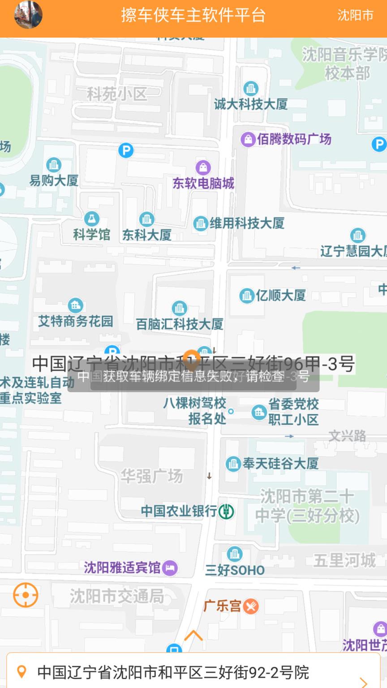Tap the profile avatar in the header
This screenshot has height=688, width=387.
pyautogui.click(x=28, y=15)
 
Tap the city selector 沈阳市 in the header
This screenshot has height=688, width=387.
pyautogui.click(x=355, y=15)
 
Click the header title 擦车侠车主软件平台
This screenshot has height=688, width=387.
pyautogui.click(x=193, y=15)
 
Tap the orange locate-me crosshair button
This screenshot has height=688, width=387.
pyautogui.click(x=26, y=595)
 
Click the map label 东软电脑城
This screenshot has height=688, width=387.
pyautogui.click(x=203, y=183)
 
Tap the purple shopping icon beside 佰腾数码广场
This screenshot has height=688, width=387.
pyautogui.click(x=248, y=139)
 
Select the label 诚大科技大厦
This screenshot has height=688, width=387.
pyautogui.click(x=250, y=104)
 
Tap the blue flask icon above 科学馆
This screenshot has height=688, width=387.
pyautogui.click(x=92, y=219)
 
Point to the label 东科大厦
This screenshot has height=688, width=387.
pyautogui.click(x=147, y=235)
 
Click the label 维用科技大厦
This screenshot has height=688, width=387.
pyautogui.click(x=247, y=223)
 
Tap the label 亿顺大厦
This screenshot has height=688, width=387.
pyautogui.click(x=281, y=295)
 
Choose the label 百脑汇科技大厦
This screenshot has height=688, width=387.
pyautogui.click(x=180, y=324)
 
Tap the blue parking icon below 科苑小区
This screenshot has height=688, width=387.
pyautogui.click(x=126, y=150)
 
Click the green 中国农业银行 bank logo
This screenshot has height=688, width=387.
pyautogui.click(x=226, y=511)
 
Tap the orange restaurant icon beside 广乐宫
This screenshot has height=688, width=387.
pyautogui.click(x=251, y=606)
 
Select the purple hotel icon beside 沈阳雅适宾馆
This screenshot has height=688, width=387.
pyautogui.click(x=170, y=568)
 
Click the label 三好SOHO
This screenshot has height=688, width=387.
pyautogui.click(x=235, y=570)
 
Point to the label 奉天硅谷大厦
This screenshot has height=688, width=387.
pyautogui.click(x=280, y=463)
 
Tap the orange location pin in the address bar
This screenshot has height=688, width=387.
pyautogui.click(x=21, y=671)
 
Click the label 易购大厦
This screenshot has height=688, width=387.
pyautogui.click(x=54, y=181)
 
